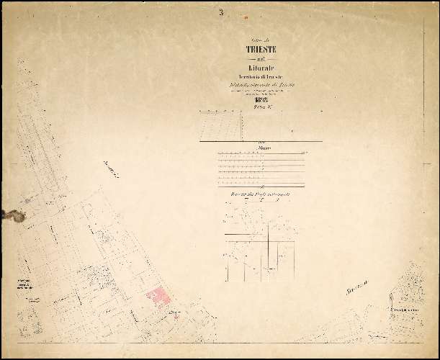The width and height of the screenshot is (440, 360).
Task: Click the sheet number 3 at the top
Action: point(222,12)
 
